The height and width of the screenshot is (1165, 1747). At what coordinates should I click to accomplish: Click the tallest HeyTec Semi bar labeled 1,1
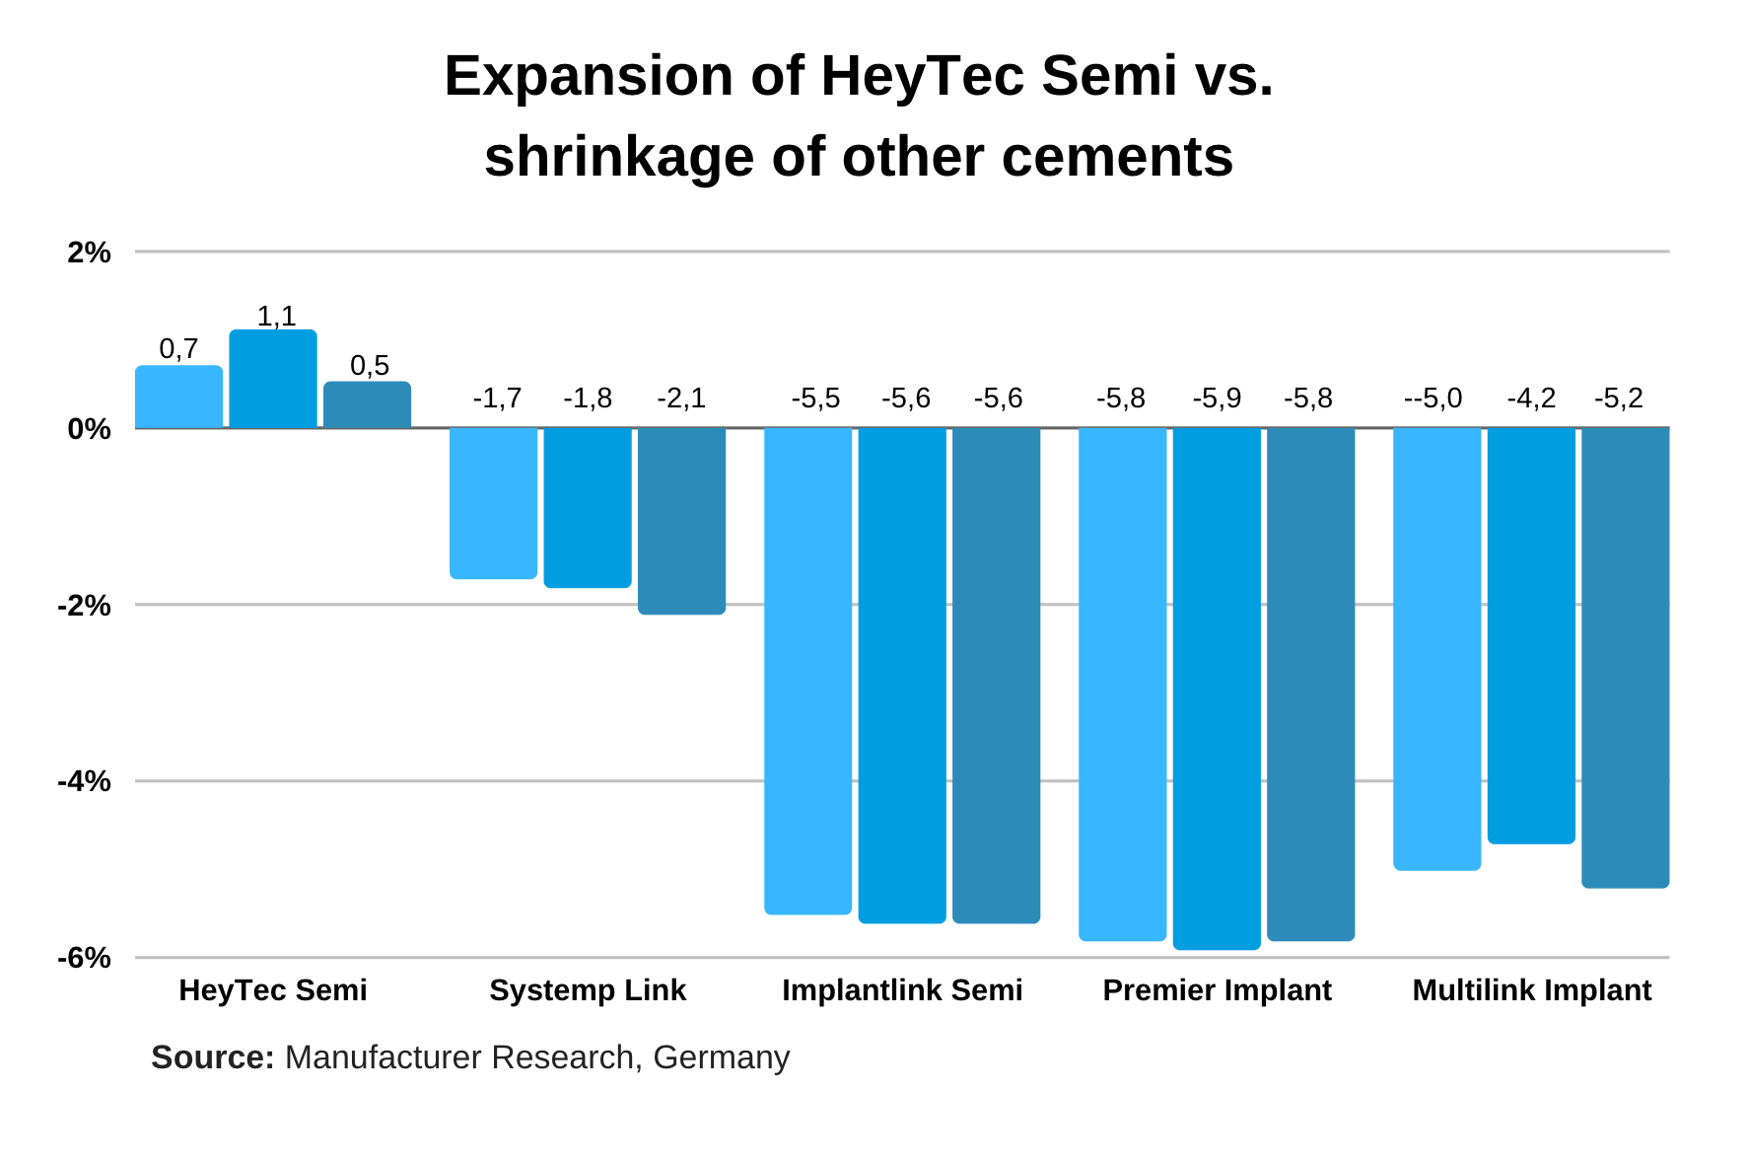point(273,379)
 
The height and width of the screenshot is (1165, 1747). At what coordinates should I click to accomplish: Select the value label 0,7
point(178,348)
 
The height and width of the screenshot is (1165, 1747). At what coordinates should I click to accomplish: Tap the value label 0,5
point(370,366)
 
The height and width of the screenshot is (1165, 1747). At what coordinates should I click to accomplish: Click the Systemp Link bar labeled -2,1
point(681,520)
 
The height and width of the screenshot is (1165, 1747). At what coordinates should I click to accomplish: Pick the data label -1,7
point(497,399)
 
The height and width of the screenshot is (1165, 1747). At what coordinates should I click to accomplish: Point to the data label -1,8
point(588,399)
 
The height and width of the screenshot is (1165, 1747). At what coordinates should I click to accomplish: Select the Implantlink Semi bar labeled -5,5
point(807,671)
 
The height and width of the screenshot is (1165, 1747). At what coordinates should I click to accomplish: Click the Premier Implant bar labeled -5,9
point(1217,688)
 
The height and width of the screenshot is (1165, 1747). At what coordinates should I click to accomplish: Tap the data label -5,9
point(1217,399)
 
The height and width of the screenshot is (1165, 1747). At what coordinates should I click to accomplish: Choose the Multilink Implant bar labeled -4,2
point(1531,634)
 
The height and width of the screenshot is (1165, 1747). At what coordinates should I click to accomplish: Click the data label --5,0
point(1433,399)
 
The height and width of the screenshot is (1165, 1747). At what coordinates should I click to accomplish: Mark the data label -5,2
point(1619,399)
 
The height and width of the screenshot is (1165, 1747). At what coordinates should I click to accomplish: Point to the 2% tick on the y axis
point(89,253)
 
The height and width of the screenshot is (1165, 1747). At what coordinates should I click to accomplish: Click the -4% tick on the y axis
point(85,782)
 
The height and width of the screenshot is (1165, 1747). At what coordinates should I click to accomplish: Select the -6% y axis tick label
point(85,959)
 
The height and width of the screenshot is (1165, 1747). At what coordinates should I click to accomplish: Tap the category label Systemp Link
point(588,990)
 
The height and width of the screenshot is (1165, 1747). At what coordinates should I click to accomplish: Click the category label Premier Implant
point(1217,990)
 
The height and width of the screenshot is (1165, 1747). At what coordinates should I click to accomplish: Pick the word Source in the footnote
point(212,1057)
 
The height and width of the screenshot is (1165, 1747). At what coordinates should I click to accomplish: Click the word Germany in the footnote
point(721,1057)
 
